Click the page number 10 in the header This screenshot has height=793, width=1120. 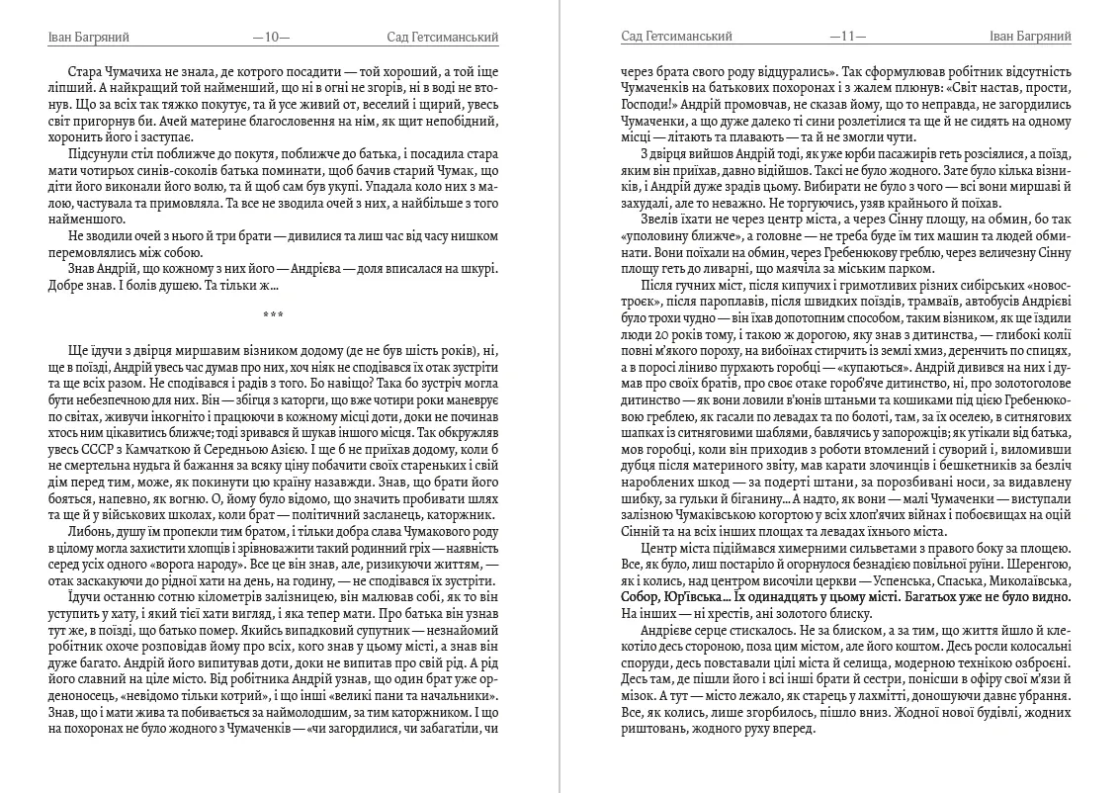click(x=272, y=38)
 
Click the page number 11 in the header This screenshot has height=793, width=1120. click(x=847, y=38)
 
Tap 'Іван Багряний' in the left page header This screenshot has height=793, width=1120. click(x=88, y=38)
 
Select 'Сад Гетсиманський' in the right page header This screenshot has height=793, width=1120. click(x=676, y=38)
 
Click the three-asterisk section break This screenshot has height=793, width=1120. click(x=272, y=315)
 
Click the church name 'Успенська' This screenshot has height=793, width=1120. click(x=936, y=582)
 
